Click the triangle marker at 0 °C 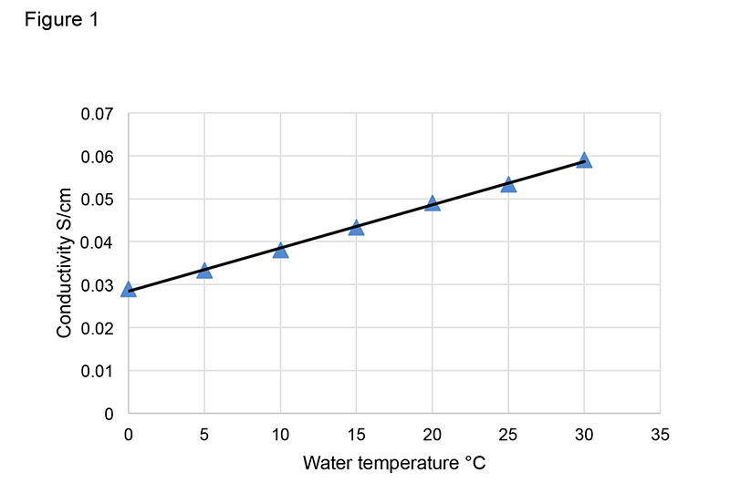[129, 290]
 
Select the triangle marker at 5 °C [204, 271]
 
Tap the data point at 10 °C [280, 251]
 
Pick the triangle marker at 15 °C [356, 228]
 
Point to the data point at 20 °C [433, 203]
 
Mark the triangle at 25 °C [508, 185]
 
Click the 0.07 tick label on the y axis [98, 114]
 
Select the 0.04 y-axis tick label [98, 242]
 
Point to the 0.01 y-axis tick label [98, 371]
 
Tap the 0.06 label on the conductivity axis [98, 157]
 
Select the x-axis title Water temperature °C [394, 463]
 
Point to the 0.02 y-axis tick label [98, 328]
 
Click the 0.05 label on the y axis [98, 200]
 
